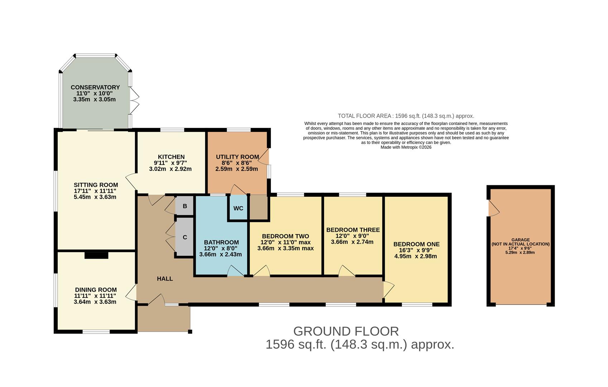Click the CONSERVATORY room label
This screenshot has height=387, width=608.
click(95, 87)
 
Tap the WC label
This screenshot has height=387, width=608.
click(238, 208)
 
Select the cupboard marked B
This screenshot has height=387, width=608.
click(185, 206)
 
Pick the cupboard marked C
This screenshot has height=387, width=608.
click(185, 237)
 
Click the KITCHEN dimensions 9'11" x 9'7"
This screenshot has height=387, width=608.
click(170, 163)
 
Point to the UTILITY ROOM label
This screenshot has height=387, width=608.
click(237, 157)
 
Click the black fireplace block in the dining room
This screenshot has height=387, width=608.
click(96, 255)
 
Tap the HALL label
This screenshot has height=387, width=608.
click(165, 278)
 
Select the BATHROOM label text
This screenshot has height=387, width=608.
click(221, 242)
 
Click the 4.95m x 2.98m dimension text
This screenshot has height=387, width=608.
click(415, 256)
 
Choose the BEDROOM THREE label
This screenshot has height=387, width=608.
click(353, 230)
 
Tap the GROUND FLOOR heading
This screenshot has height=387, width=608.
click(346, 331)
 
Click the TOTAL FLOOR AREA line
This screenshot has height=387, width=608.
click(406, 116)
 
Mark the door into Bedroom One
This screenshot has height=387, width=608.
click(388, 290)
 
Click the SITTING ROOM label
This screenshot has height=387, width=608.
click(96, 185)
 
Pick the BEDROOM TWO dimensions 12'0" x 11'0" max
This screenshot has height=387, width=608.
click(285, 242)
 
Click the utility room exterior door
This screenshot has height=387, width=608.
click(264, 157)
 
